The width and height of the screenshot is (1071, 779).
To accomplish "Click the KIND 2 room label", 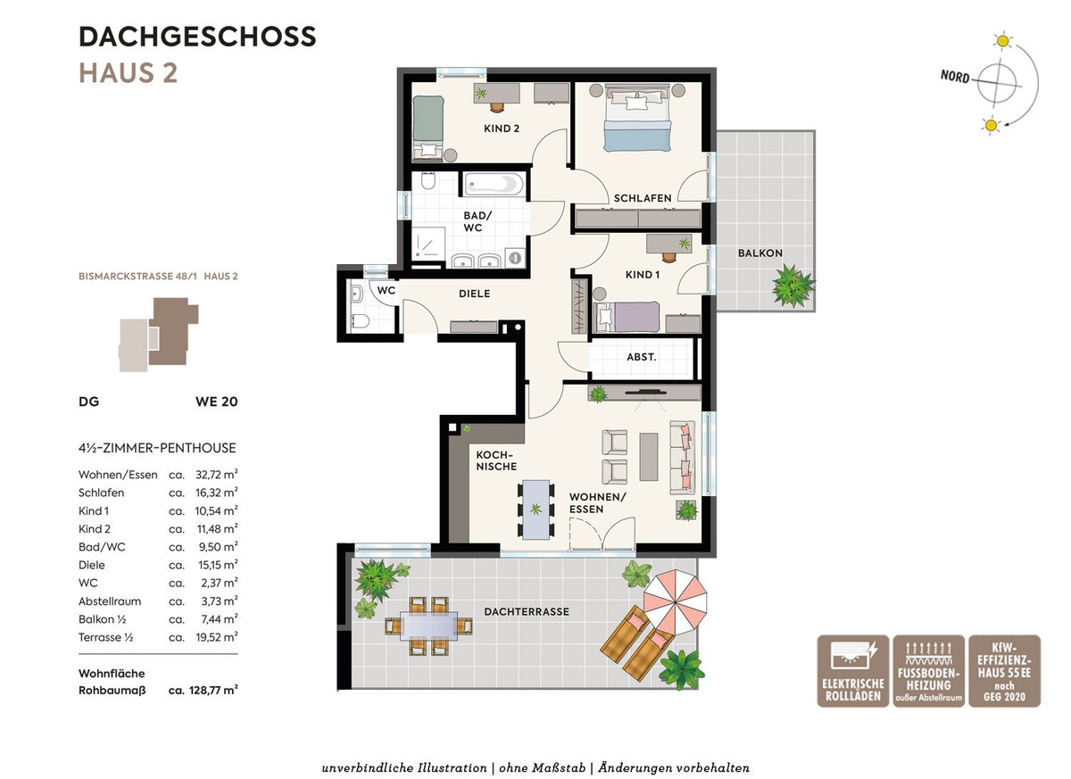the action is (x=501, y=128).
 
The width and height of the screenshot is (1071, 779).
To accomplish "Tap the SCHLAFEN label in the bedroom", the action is (x=642, y=198).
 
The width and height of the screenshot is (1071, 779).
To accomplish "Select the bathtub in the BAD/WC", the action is (x=494, y=184).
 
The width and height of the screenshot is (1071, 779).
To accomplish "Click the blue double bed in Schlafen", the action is (x=637, y=118).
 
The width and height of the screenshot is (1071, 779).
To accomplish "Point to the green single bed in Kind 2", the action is (x=428, y=127).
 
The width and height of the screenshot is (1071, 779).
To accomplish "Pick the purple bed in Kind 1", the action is (x=627, y=317).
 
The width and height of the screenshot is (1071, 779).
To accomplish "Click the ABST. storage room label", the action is (x=641, y=357).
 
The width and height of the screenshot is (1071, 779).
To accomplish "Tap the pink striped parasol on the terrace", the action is (x=675, y=602).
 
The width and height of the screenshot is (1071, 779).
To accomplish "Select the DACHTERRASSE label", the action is (x=527, y=612).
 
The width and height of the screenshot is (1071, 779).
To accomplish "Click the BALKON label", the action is (x=760, y=253).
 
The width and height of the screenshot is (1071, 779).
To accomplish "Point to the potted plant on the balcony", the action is (x=793, y=286).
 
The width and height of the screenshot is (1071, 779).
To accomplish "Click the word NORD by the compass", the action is (x=955, y=76).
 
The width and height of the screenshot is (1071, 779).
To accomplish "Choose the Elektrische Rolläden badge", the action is (x=852, y=671).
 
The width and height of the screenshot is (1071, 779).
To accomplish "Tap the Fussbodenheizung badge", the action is (x=928, y=671).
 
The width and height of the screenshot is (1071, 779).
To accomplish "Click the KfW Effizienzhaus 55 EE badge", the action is (x=1005, y=671).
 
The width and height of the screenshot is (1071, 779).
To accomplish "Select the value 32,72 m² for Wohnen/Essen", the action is (x=217, y=475).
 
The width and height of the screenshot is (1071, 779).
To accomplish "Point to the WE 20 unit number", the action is (x=216, y=402).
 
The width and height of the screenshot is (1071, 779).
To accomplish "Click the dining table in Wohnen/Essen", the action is (x=536, y=510).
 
